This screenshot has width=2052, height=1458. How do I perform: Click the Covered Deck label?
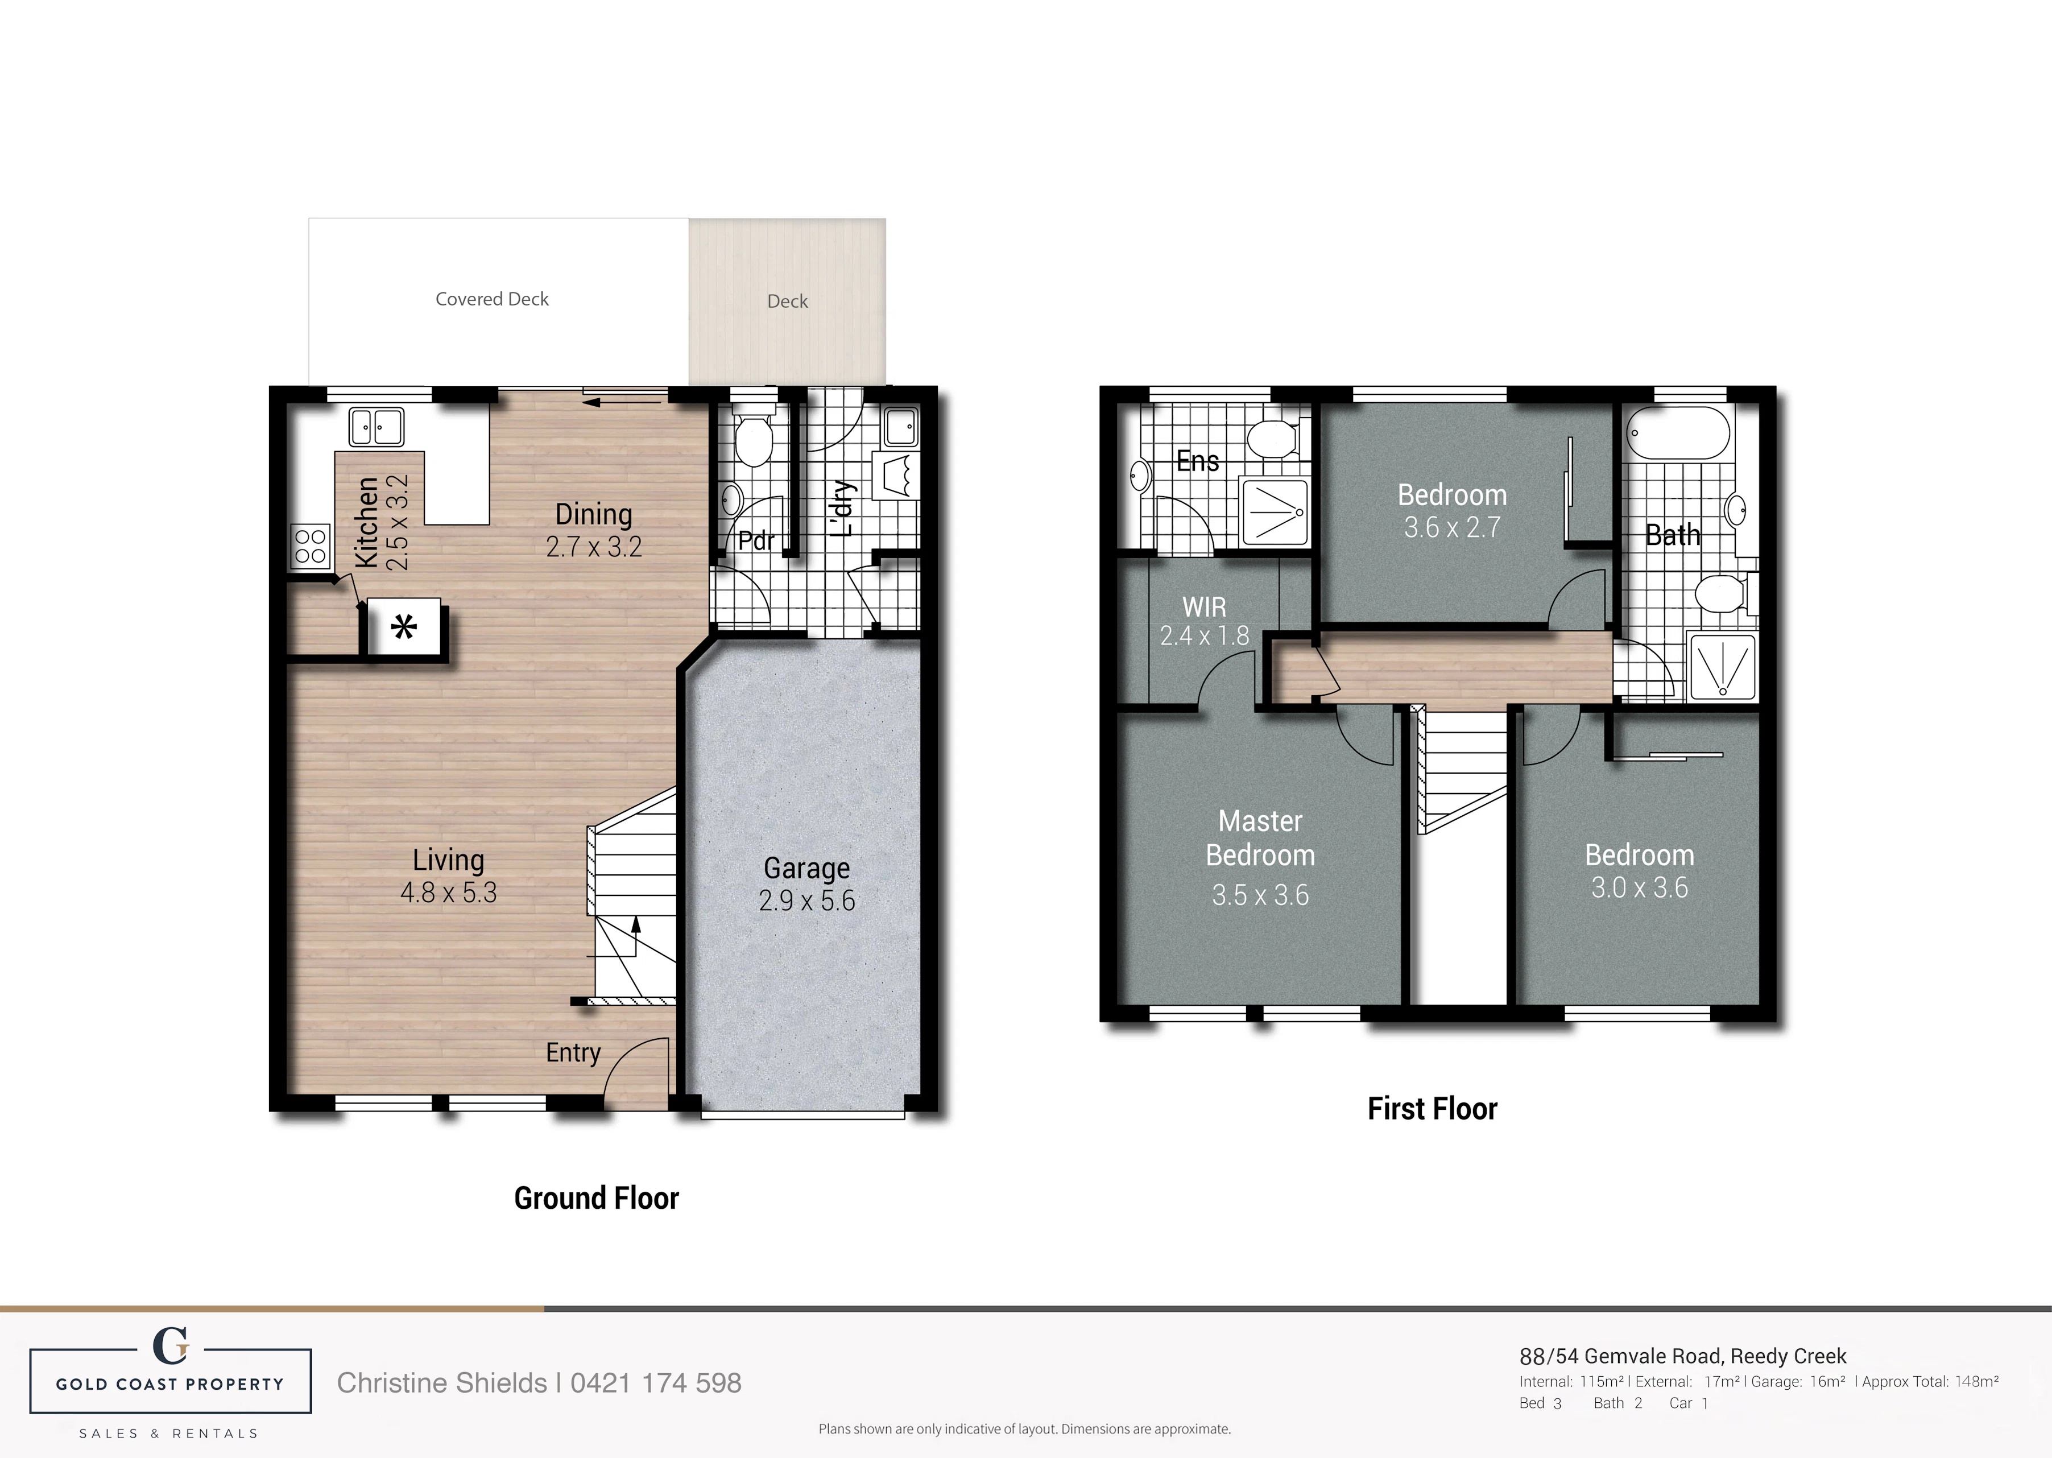click(492, 299)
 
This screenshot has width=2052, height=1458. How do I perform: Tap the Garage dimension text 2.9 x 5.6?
click(807, 901)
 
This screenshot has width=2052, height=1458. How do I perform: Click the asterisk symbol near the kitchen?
click(404, 626)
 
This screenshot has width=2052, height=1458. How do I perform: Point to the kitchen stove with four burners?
click(311, 546)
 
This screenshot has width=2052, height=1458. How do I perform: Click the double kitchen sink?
click(376, 427)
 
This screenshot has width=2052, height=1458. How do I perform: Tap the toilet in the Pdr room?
click(752, 437)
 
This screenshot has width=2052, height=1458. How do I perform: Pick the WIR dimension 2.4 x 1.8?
click(1204, 635)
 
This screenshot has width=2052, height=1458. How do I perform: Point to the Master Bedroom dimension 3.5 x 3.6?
click(1260, 895)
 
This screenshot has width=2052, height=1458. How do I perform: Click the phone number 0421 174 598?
click(656, 1382)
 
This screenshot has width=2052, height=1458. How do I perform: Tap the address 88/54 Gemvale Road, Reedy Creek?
click(1683, 1356)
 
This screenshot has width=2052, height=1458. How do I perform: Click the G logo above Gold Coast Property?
click(171, 1346)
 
